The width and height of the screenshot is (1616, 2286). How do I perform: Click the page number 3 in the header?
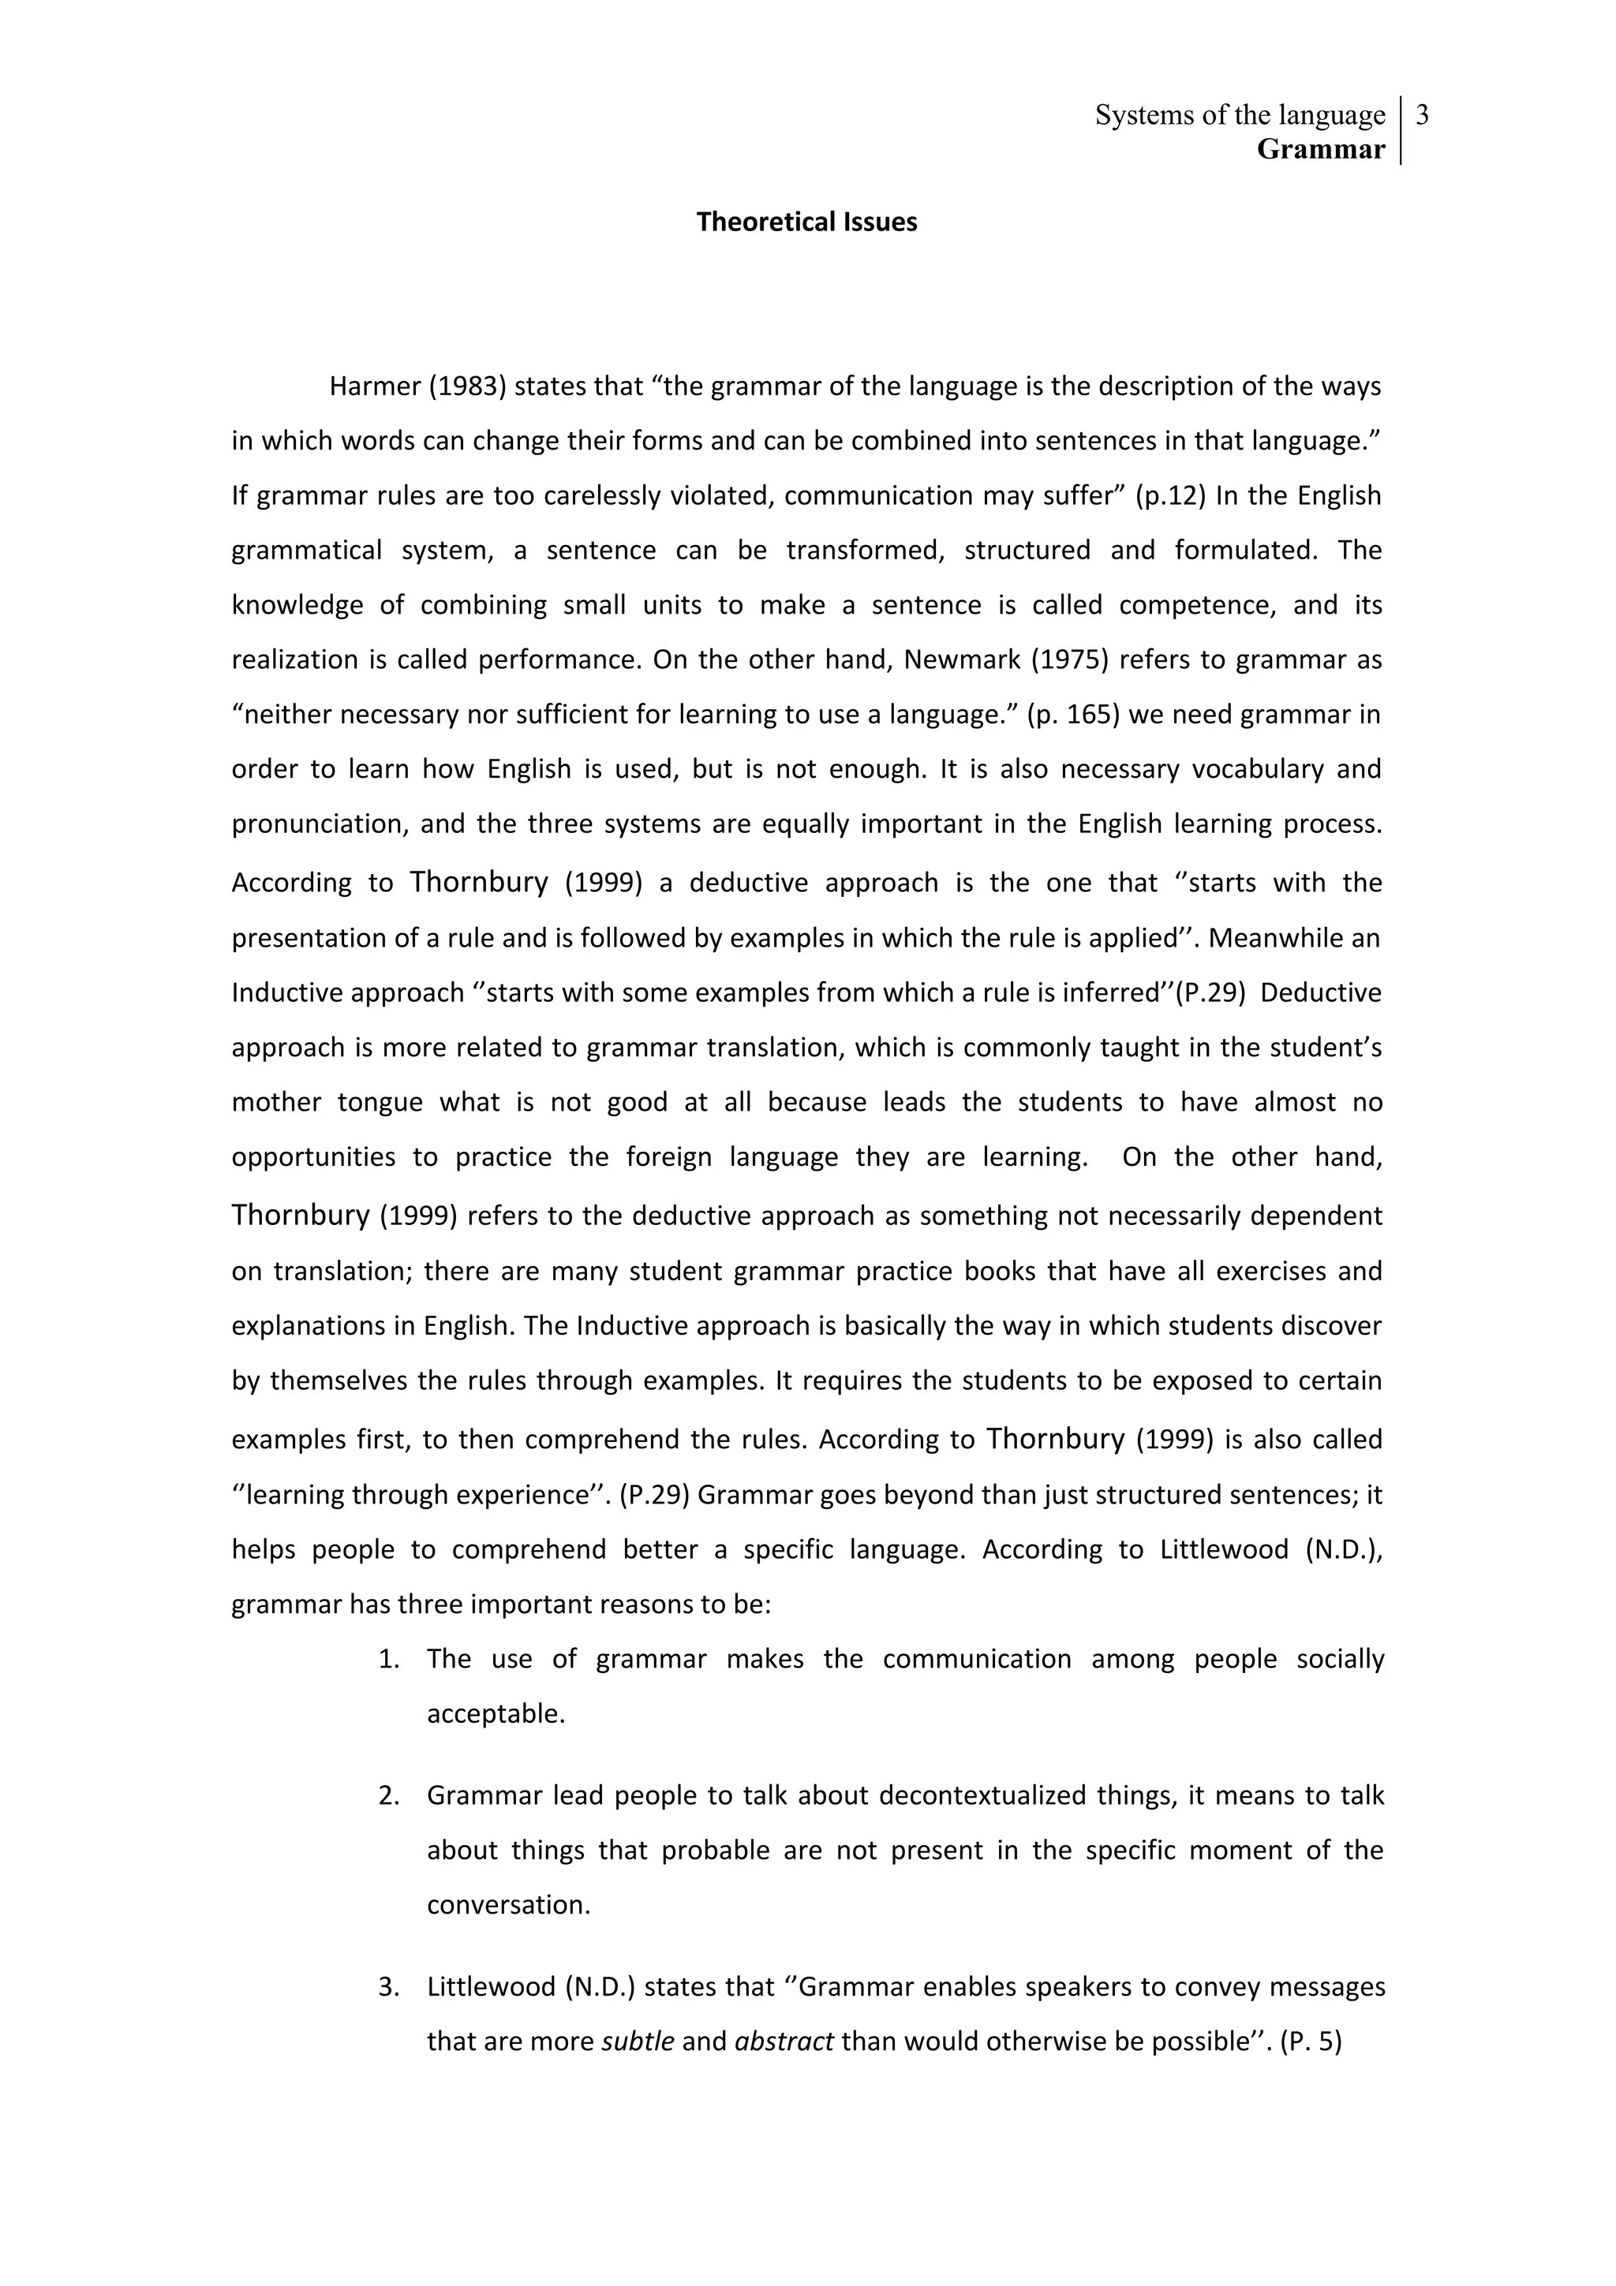point(1422,115)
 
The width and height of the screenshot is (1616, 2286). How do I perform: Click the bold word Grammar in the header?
point(1320,149)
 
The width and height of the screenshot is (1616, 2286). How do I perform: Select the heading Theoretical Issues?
point(806,222)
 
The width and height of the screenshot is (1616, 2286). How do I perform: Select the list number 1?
point(388,1660)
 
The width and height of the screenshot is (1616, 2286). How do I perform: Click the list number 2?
point(388,1796)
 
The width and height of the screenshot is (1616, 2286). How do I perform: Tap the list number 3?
point(388,1987)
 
